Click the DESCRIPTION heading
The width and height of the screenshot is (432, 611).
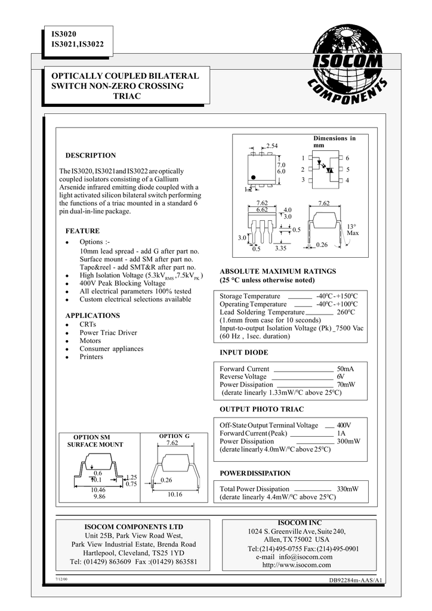pos(91,155)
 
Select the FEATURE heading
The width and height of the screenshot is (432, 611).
pos(82,231)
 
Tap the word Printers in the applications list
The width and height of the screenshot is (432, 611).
pos(91,357)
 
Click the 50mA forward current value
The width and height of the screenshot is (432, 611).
pos(345,369)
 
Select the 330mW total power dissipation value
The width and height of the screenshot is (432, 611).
pos(348,489)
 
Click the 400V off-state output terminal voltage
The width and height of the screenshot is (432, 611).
pos(344,425)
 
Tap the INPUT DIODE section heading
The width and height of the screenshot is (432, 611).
pos(244,353)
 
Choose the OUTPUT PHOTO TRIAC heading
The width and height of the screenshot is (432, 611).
pos(262,409)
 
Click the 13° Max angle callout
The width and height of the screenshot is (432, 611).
pos(352,230)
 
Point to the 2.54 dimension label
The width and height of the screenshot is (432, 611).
pos(271,146)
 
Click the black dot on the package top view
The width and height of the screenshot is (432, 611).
pos(253,177)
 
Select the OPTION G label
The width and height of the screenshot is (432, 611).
pos(174,436)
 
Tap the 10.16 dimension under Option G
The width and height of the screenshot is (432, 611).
pos(175,495)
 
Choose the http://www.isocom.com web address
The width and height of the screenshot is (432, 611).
pos(297,565)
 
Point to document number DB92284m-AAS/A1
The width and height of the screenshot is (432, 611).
pos(356,582)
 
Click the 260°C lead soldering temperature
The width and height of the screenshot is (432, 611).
pos(345,312)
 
